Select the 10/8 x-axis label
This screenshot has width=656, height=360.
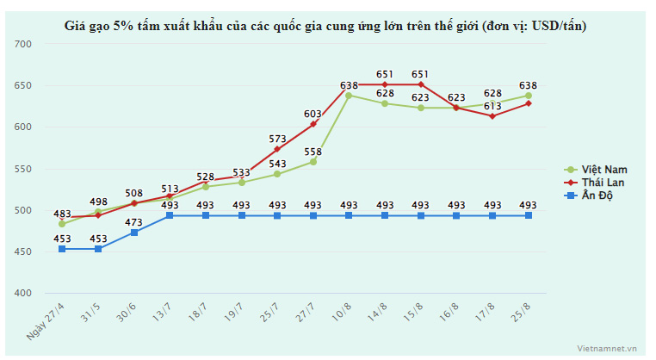coord(343,310)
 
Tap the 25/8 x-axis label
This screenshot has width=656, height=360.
coord(523,310)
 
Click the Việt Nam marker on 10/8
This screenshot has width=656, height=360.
coord(349,95)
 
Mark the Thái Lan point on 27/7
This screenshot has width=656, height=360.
coord(313,124)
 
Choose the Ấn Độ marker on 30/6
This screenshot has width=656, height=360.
coord(133,233)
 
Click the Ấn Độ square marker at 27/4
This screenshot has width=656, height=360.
coord(62,249)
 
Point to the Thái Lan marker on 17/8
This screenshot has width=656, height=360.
coord(492,115)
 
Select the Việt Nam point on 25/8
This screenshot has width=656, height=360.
coord(529,95)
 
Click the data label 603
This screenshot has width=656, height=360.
coord(313,114)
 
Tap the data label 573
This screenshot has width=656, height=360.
coord(277,139)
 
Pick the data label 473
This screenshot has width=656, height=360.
coord(133,222)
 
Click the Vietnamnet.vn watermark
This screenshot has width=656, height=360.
coord(606,349)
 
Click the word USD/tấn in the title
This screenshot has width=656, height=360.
coord(557,26)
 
